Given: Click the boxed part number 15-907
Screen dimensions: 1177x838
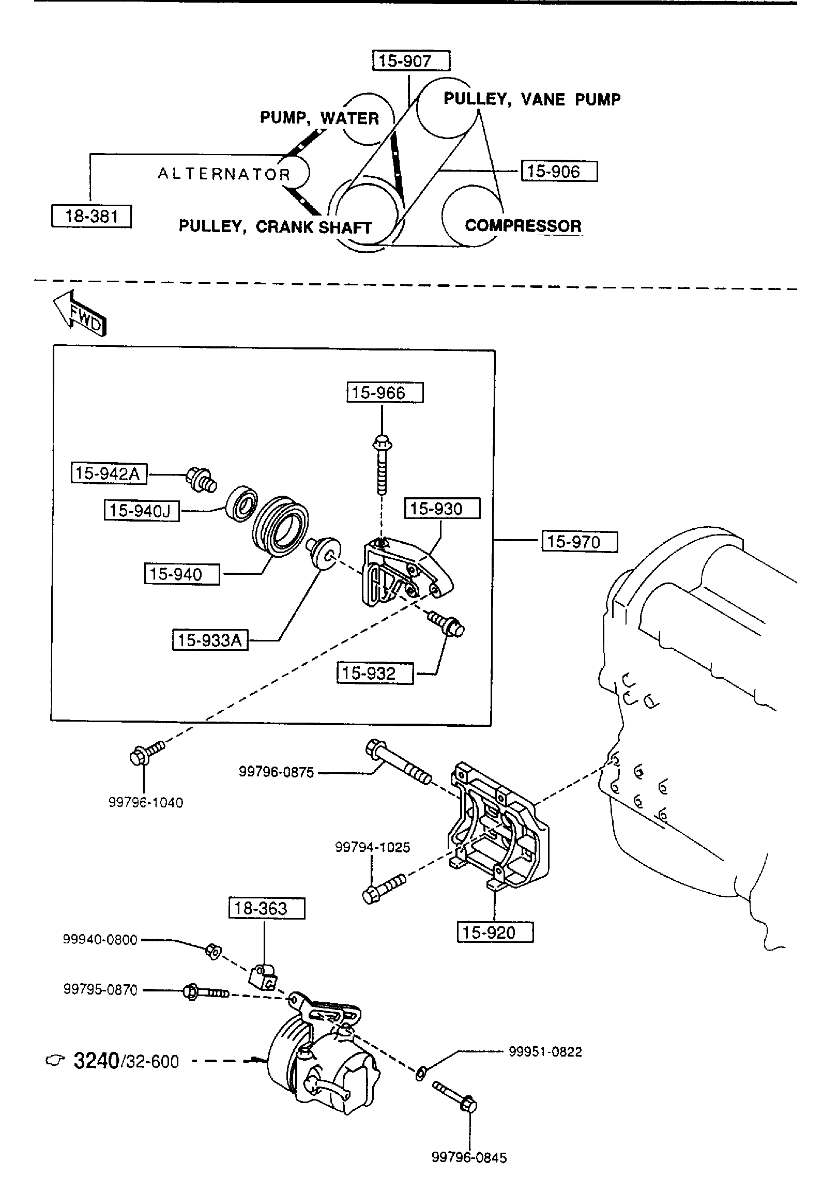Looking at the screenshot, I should click(411, 61).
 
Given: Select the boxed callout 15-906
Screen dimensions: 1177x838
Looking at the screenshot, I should click(559, 171).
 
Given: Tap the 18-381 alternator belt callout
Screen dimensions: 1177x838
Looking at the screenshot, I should click(92, 216).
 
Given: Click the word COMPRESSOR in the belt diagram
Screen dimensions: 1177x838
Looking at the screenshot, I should click(523, 226).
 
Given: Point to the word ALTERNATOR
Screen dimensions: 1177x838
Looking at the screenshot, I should click(224, 174).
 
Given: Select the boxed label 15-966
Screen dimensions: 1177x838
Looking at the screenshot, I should click(385, 393).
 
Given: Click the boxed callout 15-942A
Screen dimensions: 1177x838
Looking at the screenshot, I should click(109, 473).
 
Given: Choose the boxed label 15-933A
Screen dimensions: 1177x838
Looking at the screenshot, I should click(210, 640).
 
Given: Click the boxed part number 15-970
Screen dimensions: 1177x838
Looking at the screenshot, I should click(580, 542).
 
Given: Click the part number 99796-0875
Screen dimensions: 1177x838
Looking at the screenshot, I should click(276, 772).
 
